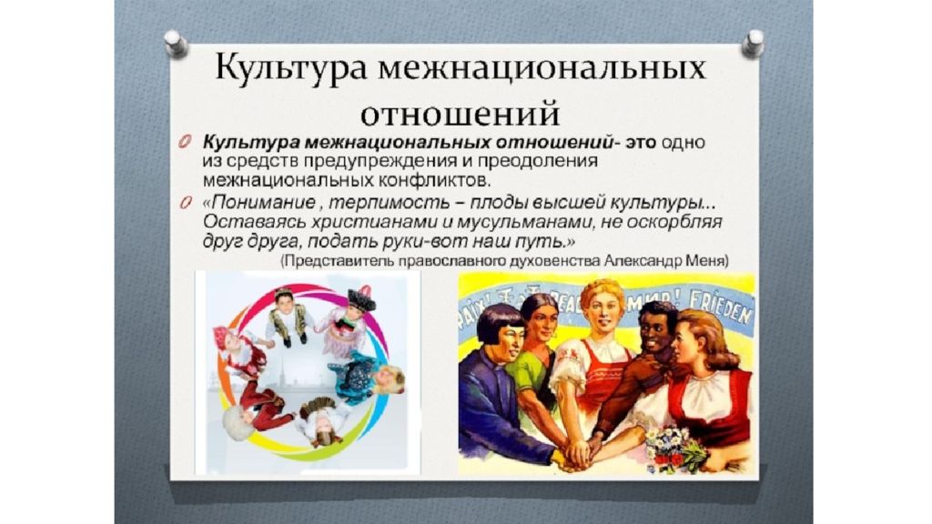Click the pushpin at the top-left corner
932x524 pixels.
pos(176,44)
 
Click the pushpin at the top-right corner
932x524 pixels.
pos(753,43)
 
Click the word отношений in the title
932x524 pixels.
pos(460,114)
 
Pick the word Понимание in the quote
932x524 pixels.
pos(264,203)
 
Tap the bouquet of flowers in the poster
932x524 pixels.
pos(675,447)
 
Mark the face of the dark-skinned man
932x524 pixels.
pos(657,334)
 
